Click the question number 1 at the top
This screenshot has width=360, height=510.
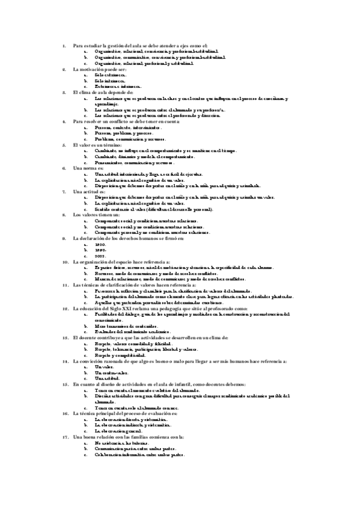click(x=64, y=46)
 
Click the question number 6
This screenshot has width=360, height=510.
click(x=64, y=168)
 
